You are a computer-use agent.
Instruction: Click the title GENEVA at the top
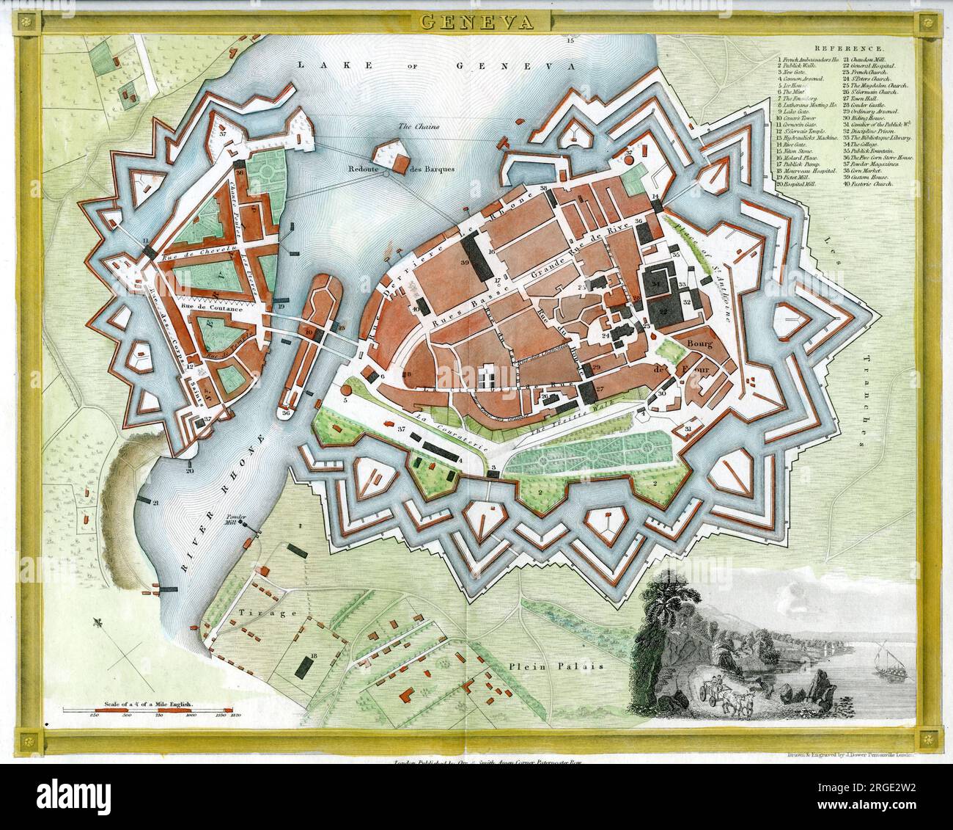pos(476,21)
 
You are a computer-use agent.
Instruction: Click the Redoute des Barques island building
pos(392,156)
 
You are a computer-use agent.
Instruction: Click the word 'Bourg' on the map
pos(696,343)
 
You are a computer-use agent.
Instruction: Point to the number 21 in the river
pos(156,502)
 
